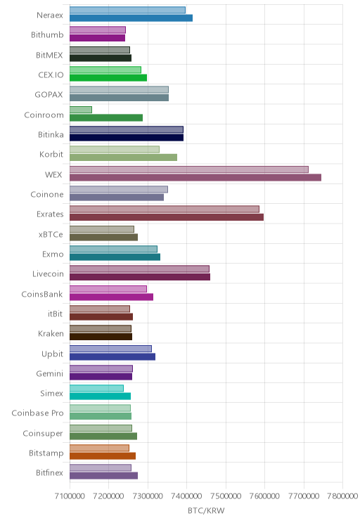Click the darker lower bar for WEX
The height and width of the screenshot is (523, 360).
195,177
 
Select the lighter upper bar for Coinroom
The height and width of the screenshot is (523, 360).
81,110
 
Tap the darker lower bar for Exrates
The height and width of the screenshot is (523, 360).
167,217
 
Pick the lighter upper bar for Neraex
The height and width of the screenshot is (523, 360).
127,10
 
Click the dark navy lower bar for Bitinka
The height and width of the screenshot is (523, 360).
127,137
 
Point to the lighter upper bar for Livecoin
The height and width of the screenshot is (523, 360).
139,269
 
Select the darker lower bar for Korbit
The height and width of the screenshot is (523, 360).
124,157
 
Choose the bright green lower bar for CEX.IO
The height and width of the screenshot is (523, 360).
108,78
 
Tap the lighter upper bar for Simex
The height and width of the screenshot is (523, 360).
96,388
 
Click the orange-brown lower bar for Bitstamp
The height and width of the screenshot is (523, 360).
103,456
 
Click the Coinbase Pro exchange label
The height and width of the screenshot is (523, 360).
37,413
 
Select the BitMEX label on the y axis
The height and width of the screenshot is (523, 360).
49,55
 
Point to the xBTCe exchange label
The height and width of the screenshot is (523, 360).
51,235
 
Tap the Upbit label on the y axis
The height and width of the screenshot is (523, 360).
52,354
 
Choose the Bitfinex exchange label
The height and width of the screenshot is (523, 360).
49,472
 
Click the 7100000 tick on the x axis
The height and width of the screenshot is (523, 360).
70,496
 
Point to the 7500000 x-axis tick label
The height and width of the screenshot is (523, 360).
226,496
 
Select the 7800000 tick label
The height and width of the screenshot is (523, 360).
342,496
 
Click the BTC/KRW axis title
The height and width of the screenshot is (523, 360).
206,510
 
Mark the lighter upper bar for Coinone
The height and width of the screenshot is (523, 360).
119,190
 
